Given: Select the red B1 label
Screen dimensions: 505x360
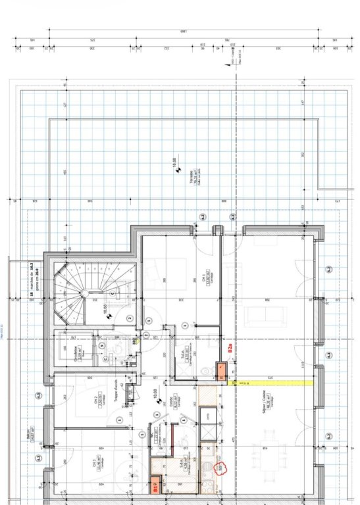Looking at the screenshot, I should tap(155, 487).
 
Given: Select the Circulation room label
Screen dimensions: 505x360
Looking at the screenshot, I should tap(75, 348).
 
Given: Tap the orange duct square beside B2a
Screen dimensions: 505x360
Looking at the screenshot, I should tap(221, 373).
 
